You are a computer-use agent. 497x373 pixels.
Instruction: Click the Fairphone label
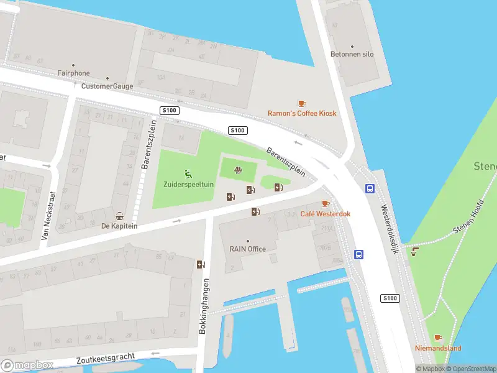click(x=73, y=73)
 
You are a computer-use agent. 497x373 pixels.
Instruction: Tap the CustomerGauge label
click(x=107, y=86)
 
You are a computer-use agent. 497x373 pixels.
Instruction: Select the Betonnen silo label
click(x=352, y=54)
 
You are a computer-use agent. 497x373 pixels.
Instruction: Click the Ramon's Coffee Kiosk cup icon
click(x=302, y=103)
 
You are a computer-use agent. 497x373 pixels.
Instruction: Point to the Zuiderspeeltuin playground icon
click(x=188, y=173)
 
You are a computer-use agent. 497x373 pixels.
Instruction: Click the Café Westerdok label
click(x=326, y=214)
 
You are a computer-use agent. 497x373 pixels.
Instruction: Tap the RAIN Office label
click(x=247, y=249)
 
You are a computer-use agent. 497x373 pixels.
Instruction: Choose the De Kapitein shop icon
click(x=119, y=216)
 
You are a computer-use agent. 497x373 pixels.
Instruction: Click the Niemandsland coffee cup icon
click(x=438, y=338)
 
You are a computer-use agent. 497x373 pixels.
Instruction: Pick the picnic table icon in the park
click(x=238, y=170)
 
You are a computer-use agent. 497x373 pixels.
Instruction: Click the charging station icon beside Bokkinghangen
click(x=200, y=264)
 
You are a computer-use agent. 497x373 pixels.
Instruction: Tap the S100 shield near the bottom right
click(x=390, y=298)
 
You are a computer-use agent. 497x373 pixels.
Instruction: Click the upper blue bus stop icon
click(x=370, y=189)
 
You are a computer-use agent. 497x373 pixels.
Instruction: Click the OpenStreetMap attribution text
click(x=468, y=369)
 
